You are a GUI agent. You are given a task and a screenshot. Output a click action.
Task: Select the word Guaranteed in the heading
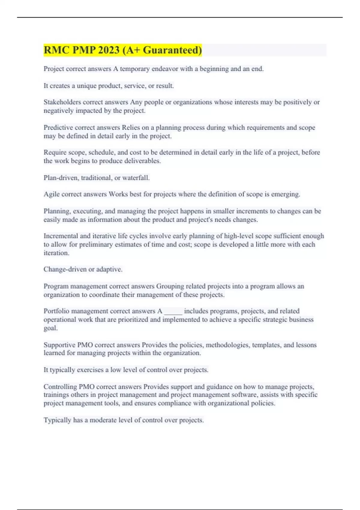[172, 50]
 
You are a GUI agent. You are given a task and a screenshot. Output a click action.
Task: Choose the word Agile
[52, 194]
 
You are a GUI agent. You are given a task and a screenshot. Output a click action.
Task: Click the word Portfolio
[56, 311]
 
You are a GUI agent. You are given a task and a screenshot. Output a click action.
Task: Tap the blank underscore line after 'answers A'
[173, 312]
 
